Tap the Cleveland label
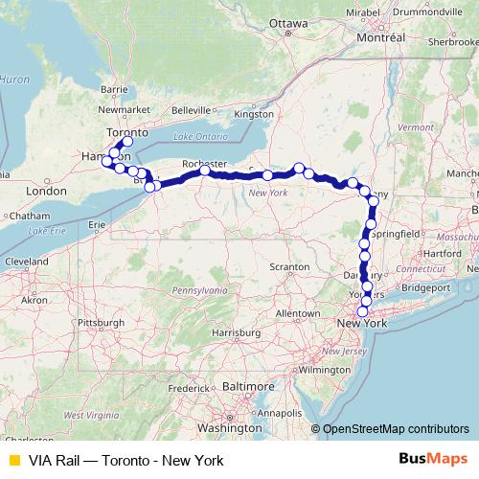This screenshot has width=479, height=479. click(28, 261)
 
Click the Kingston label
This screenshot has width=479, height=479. click(253, 114)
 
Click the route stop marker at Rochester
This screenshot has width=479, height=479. click(205, 171)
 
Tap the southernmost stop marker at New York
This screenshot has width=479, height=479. click(362, 311)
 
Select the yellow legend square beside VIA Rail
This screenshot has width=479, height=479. click(13, 460)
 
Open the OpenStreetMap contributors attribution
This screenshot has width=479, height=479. click(396, 429)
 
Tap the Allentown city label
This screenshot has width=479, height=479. click(297, 313)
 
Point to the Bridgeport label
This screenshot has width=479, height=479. click(426, 286)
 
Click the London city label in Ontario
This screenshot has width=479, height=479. click(46, 191)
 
